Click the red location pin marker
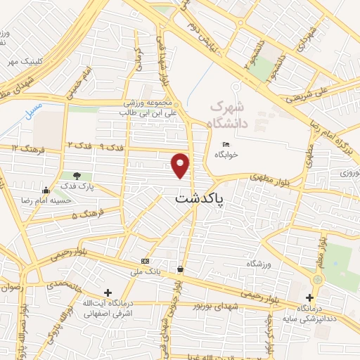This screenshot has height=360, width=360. click(181, 165)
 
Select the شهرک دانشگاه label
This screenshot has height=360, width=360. click(230, 113)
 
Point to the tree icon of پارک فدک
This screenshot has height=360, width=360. click(77, 176)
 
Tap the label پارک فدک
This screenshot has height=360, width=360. click(76, 186)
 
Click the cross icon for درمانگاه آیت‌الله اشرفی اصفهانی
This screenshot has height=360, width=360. click(107, 292)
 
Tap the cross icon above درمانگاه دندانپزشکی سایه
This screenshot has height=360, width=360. click(309, 297)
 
